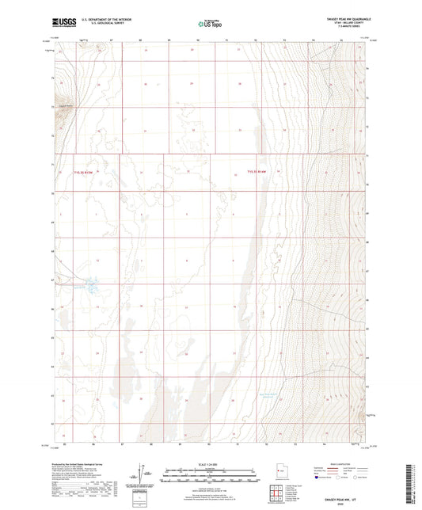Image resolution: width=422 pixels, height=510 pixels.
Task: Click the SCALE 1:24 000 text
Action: (x=210, y=464)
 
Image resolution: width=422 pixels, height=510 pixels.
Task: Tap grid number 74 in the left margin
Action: (x=53, y=78)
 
